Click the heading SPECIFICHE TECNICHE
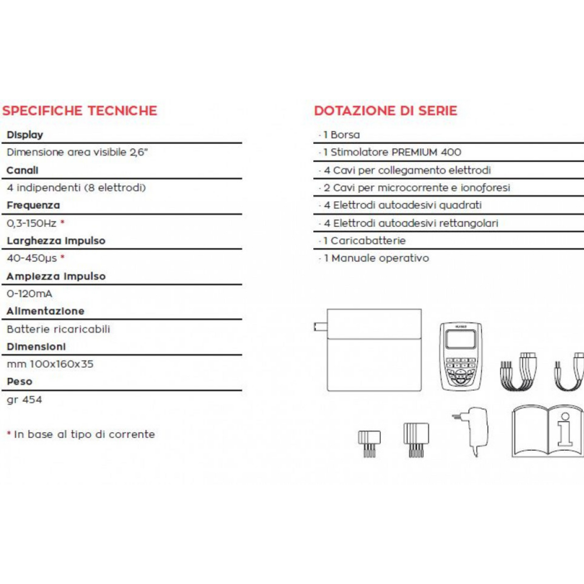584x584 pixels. coord(80,111)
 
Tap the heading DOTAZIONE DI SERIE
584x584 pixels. coord(386,111)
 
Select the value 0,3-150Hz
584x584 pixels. coord(32,223)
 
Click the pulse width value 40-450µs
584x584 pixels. coord(32,258)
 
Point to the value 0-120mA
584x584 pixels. coord(30,294)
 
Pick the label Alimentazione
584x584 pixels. coord(46,311)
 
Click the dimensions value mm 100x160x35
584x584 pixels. coord(50,364)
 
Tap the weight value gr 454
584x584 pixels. coord(25,400)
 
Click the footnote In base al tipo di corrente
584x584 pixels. coord(84,434)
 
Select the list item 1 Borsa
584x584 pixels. coord(342,135)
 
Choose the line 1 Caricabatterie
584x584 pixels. coord(365,241)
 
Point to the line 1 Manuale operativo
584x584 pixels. coord(376,258)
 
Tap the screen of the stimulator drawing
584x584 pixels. coord(461,339)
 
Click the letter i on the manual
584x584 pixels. coord(565,430)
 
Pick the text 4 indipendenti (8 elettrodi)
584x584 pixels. coord(76,188)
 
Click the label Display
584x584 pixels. coord(25,135)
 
